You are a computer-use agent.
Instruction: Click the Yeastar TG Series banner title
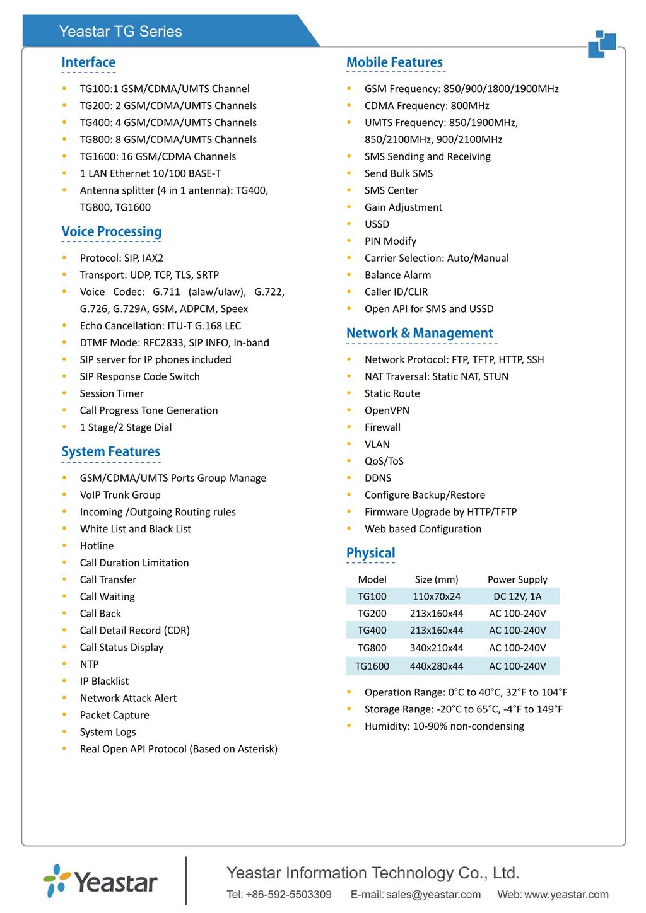click(120, 32)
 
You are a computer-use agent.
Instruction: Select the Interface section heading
click(88, 62)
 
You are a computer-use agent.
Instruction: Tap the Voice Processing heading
click(112, 231)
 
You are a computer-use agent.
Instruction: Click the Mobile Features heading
click(394, 62)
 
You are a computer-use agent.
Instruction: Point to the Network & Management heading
click(420, 333)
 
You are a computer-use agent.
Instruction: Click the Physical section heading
click(370, 553)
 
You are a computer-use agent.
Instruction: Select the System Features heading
click(110, 451)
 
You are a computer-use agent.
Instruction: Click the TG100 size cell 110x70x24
click(437, 596)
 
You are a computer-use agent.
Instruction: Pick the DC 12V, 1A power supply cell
click(517, 596)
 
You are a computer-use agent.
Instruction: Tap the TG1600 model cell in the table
click(372, 666)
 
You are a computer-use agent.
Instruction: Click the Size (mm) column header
click(437, 579)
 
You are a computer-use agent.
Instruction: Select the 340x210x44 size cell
click(437, 648)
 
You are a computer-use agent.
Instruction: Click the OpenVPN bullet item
click(387, 410)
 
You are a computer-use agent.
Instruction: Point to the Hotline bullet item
click(97, 546)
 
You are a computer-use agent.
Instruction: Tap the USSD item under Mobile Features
click(377, 224)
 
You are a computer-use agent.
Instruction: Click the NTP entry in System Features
click(89, 665)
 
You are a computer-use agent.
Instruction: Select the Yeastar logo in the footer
click(101, 881)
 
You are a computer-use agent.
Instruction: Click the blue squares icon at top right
click(602, 44)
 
